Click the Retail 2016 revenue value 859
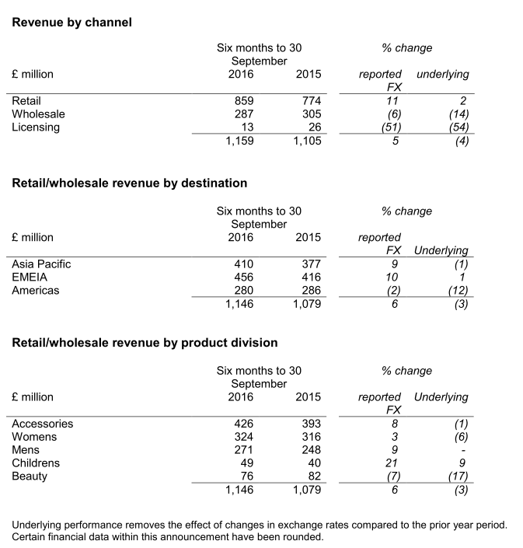(x=244, y=101)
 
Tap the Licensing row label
(x=36, y=127)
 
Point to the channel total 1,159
(x=239, y=141)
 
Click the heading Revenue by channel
(x=72, y=23)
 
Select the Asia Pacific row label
(x=41, y=264)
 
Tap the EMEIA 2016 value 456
(x=244, y=277)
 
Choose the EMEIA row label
(x=29, y=277)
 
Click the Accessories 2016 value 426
(x=244, y=424)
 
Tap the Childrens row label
(x=36, y=464)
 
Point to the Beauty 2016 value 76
(x=247, y=476)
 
